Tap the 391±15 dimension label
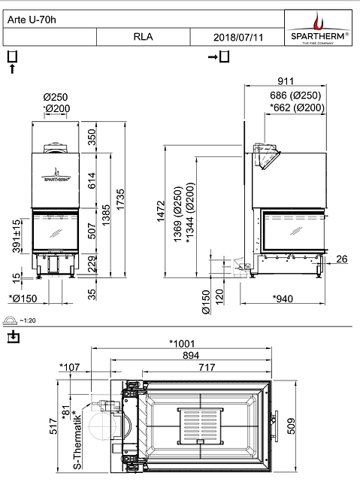click(17, 237)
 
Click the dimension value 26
click(342, 260)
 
